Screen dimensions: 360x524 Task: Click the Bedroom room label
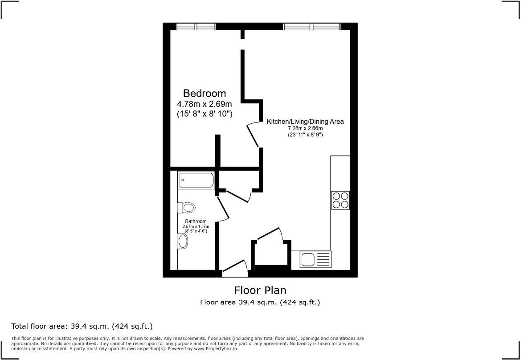click(205, 94)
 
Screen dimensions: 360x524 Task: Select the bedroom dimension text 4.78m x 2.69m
click(205, 104)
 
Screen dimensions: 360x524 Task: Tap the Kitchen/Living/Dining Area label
click(305, 121)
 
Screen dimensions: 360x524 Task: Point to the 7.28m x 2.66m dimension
click(305, 128)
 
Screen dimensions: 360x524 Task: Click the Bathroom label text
click(196, 221)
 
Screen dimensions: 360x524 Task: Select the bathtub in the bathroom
click(196, 180)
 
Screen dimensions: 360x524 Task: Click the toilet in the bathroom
click(187, 208)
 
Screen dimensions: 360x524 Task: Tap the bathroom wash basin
click(183, 241)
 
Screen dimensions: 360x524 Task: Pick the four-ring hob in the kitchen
click(340, 200)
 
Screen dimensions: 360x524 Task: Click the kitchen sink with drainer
click(316, 259)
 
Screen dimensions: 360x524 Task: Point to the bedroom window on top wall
click(196, 27)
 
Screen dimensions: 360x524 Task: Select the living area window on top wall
click(312, 27)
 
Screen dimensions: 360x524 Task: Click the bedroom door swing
click(253, 134)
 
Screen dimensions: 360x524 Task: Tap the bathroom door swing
click(222, 209)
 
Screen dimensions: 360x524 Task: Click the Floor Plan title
click(260, 290)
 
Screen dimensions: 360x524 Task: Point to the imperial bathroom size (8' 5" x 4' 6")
click(196, 231)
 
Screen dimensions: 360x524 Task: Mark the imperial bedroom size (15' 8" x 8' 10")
click(205, 115)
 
